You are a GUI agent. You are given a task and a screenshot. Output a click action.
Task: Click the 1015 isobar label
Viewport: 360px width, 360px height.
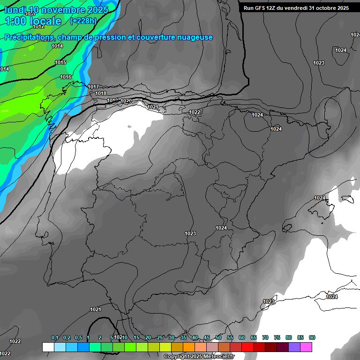tap(60, 62)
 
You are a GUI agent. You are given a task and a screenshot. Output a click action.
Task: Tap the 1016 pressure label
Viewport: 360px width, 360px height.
tap(66, 77)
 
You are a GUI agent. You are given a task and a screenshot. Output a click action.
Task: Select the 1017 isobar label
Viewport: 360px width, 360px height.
tap(93, 87)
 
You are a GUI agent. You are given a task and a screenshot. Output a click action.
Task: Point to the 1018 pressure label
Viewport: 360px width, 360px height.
tap(101, 93)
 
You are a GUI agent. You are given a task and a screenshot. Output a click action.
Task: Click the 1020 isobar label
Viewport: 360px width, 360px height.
tap(126, 101)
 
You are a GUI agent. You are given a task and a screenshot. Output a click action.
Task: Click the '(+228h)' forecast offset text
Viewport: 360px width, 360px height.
tap(83, 21)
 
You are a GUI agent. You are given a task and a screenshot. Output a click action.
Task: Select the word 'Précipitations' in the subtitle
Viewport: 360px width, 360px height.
tap(28, 37)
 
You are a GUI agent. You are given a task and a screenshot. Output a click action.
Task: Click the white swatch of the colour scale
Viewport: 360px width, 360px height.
tap(48, 347)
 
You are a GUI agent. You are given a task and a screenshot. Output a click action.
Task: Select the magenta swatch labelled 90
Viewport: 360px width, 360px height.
tap(306, 347)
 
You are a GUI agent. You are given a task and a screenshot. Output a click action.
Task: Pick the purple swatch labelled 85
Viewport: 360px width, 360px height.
tap(294, 347)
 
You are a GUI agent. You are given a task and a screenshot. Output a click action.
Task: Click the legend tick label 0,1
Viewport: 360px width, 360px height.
tap(55, 338)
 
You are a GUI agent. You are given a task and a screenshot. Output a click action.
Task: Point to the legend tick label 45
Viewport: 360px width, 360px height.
tap(207, 338)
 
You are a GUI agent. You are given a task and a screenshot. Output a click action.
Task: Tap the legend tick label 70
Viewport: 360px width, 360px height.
tap(265, 338)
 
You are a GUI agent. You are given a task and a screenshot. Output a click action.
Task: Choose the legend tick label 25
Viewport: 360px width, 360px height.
tap(160, 338)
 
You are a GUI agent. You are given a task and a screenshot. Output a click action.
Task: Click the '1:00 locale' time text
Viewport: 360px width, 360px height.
tap(33, 21)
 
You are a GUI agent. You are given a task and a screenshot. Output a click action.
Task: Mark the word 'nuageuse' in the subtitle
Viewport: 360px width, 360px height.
tap(194, 37)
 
